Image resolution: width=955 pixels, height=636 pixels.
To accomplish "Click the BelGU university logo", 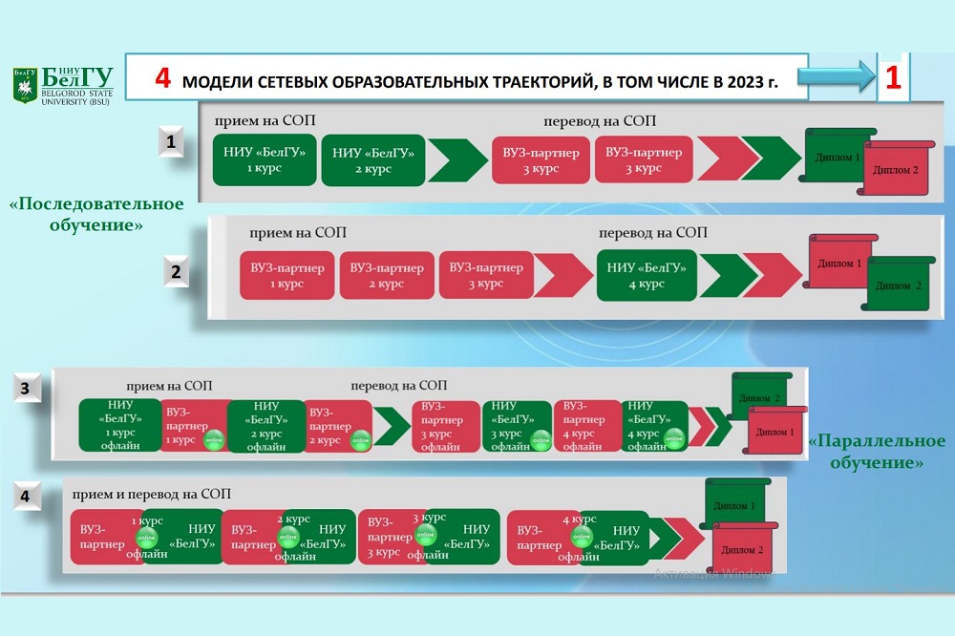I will point(62,86).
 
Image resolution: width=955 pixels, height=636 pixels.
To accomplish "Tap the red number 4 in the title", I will point(163,79).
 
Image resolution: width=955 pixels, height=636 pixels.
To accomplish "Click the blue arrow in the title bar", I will point(838,77).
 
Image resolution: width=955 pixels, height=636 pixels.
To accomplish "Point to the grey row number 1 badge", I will point(170,143).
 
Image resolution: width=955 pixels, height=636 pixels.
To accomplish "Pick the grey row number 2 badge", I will point(176,271).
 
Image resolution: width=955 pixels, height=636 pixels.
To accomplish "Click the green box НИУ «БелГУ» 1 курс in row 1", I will point(265,159).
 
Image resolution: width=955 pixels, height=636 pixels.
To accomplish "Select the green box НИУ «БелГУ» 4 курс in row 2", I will point(647,275).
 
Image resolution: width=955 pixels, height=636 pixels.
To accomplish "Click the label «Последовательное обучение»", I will point(96,215).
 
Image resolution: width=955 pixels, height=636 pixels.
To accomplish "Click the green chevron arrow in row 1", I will point(456,159).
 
